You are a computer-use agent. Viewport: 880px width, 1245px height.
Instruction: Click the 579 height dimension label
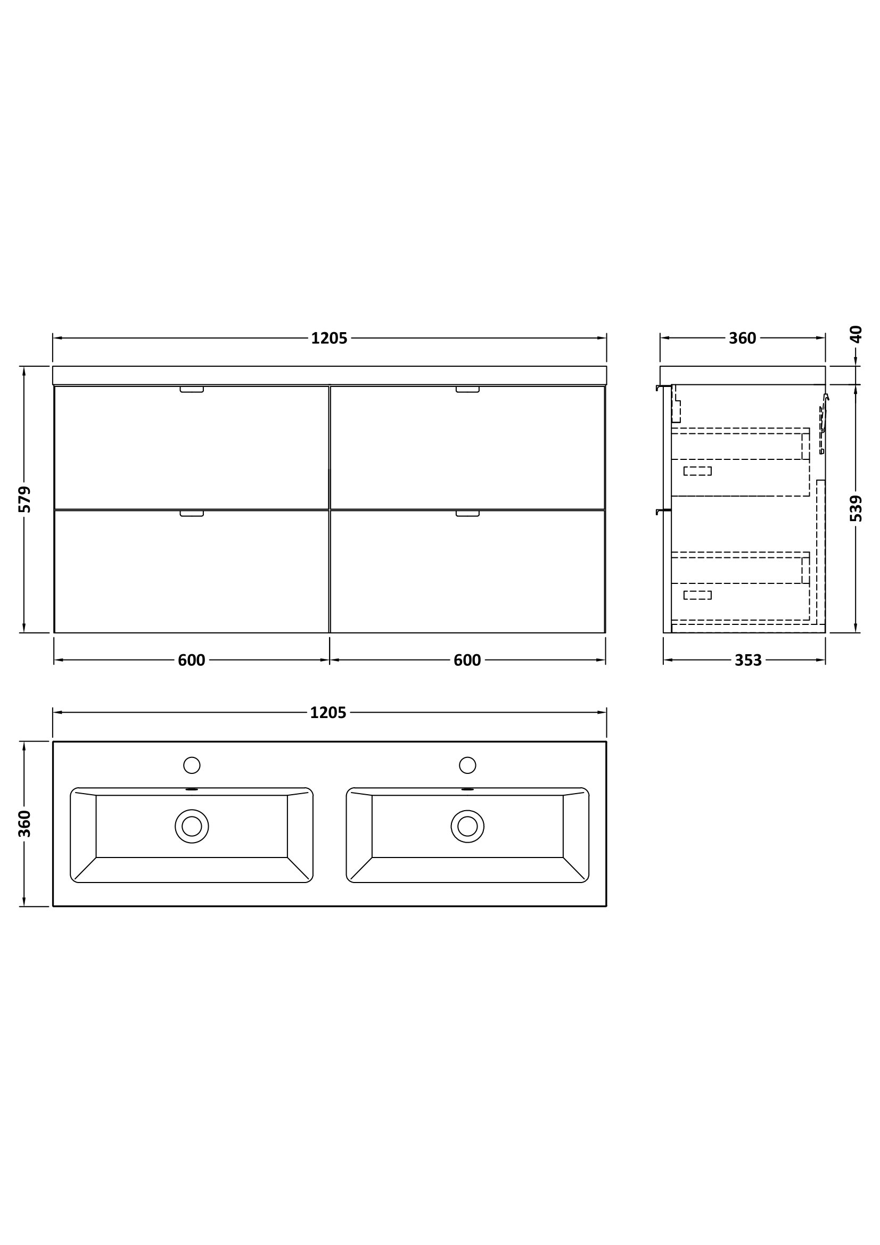25,499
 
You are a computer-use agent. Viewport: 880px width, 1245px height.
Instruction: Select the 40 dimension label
856,334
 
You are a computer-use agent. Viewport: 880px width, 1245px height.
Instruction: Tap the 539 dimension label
856,509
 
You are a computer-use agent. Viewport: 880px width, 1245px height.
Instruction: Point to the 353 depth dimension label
749,661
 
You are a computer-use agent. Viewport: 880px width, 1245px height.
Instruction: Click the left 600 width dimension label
192,661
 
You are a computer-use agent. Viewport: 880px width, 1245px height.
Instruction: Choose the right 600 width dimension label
467,661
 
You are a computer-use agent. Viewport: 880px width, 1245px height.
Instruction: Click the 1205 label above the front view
329,339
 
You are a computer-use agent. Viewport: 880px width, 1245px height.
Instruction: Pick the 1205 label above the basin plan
328,713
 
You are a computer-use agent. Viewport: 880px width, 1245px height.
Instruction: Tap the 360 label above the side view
742,339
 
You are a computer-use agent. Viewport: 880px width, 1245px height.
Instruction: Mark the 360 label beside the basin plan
25,823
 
